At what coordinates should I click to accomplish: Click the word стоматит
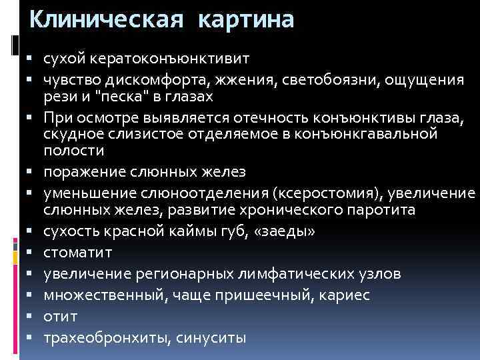pyautogui.click(x=78, y=253)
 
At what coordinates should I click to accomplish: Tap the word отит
pyautogui.click(x=60, y=316)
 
